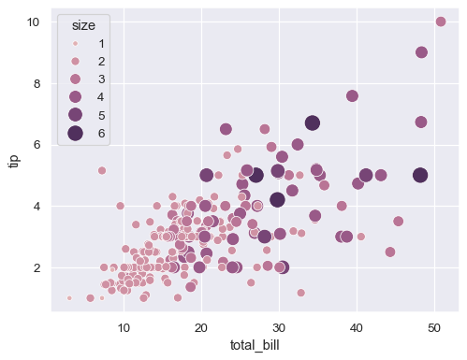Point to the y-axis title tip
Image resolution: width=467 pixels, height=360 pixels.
pyautogui.click(x=13, y=160)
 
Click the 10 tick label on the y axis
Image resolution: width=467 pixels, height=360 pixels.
pyautogui.click(x=32, y=22)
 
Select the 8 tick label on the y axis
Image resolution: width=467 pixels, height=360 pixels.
pyautogui.click(x=36, y=83)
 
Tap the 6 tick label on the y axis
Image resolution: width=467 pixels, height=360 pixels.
pyautogui.click(x=36, y=144)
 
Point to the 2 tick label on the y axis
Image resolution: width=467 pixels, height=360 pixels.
pyautogui.click(x=36, y=267)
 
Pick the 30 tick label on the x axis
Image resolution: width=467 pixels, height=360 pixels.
pyautogui.click(x=278, y=325)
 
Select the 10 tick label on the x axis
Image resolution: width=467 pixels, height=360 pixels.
pyautogui.click(x=124, y=325)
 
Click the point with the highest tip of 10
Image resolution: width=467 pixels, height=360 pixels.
pyautogui.click(x=440, y=22)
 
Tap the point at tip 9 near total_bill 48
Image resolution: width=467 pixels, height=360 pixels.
pyautogui.click(x=421, y=52)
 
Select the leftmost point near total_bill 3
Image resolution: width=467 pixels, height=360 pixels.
pyautogui.click(x=69, y=298)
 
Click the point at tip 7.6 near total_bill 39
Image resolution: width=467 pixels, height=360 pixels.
pyautogui.click(x=352, y=95)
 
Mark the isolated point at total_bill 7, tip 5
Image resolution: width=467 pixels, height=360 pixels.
pyautogui.click(x=102, y=170)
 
